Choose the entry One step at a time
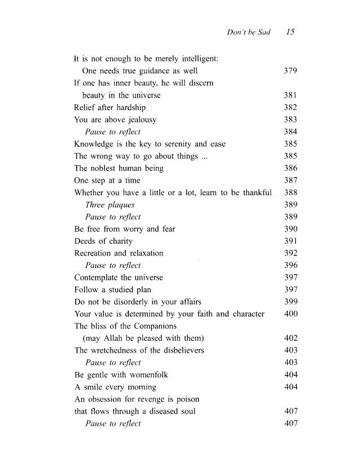(108, 181)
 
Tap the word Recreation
(94, 253)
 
